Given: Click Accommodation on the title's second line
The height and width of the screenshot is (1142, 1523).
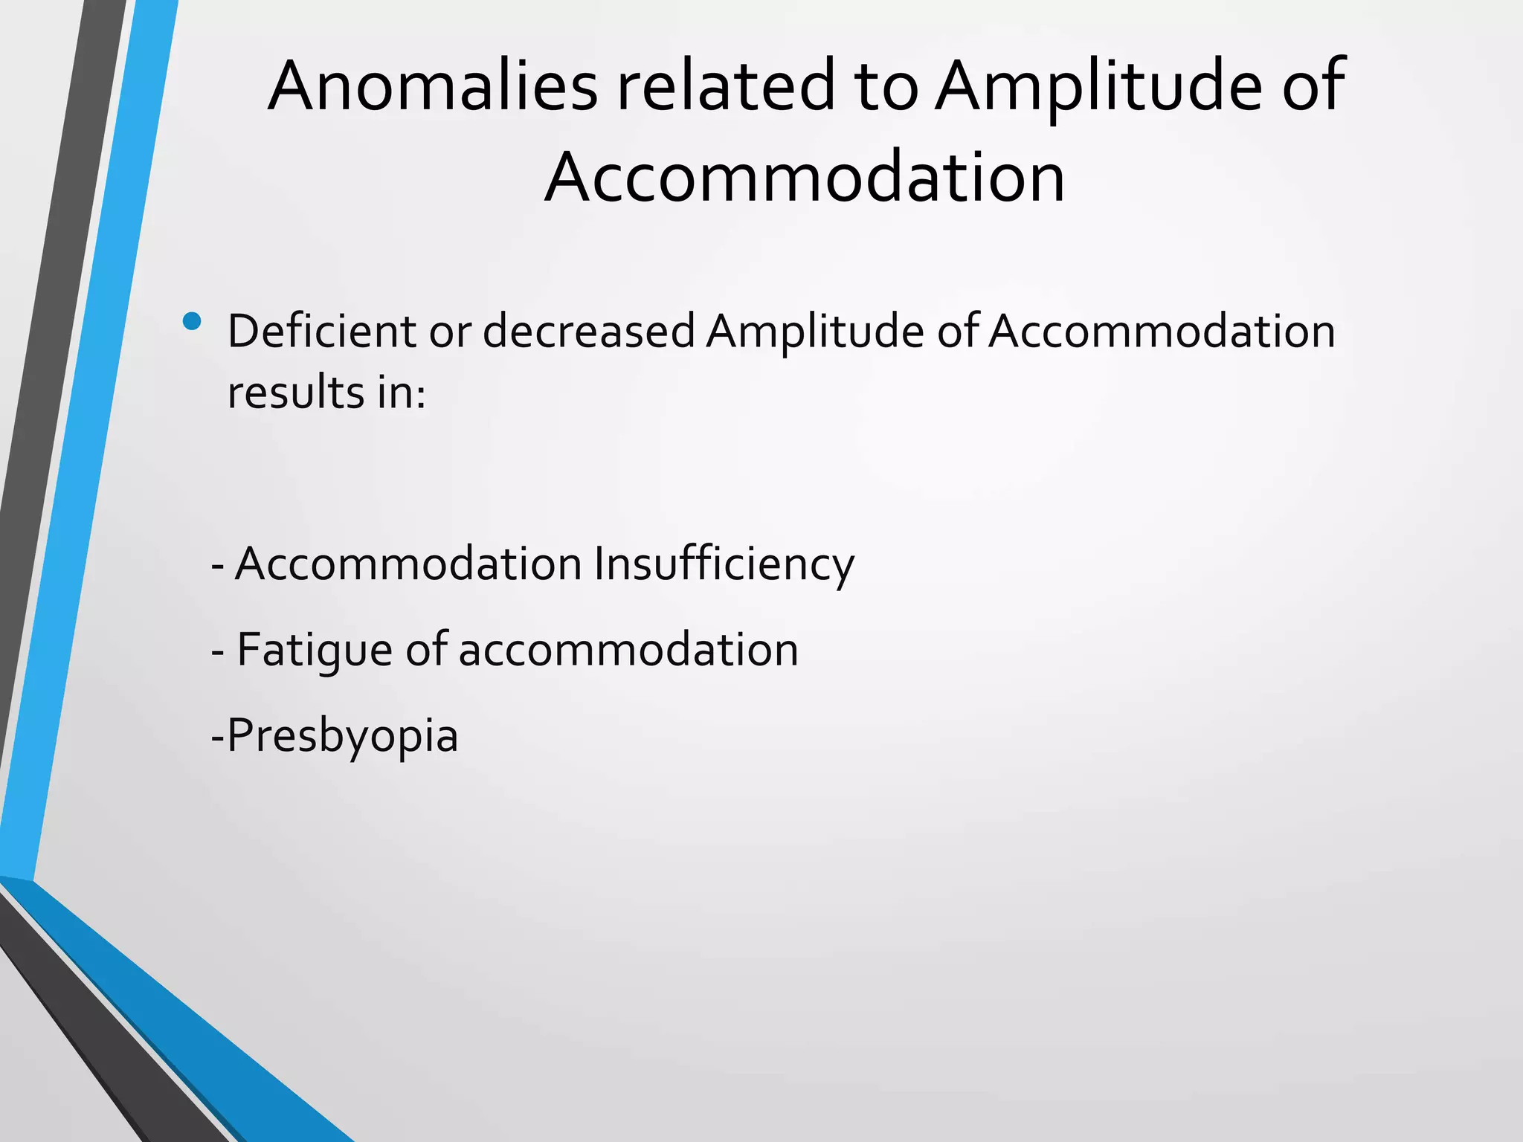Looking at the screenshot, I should [x=805, y=177].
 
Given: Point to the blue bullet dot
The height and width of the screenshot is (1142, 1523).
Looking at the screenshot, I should [x=192, y=321].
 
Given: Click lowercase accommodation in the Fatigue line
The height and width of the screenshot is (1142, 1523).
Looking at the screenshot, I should [x=628, y=650].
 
